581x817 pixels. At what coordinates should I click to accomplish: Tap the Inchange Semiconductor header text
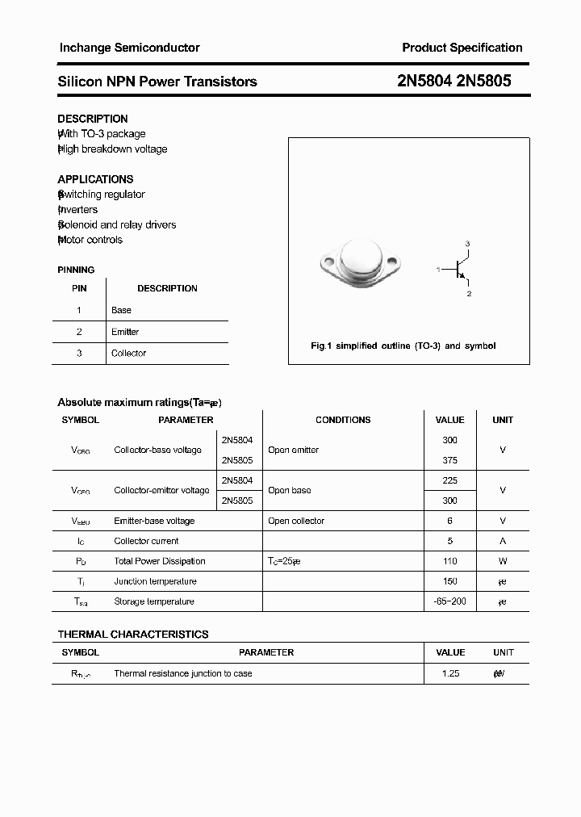pyautogui.click(x=129, y=48)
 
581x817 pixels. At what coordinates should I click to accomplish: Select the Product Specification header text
pyautogui.click(x=462, y=48)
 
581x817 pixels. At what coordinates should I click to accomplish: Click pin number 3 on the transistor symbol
pyautogui.click(x=467, y=244)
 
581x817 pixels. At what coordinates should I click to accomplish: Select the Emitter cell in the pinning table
pyautogui.click(x=125, y=332)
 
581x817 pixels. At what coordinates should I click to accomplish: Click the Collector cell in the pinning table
pyautogui.click(x=128, y=353)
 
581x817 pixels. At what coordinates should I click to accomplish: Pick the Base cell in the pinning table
pyautogui.click(x=121, y=310)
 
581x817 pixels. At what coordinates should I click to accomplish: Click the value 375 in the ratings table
pyautogui.click(x=449, y=460)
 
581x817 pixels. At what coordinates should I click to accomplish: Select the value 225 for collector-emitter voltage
pyautogui.click(x=449, y=480)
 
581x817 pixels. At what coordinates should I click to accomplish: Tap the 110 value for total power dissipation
pyautogui.click(x=449, y=561)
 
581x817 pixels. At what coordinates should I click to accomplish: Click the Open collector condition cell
pyautogui.click(x=296, y=521)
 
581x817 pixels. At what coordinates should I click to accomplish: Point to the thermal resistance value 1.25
pyautogui.click(x=450, y=673)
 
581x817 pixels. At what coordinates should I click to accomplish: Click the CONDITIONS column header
pyautogui.click(x=343, y=420)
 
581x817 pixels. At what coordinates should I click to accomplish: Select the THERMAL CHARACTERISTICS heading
pyautogui.click(x=133, y=635)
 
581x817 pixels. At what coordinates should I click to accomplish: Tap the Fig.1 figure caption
pyautogui.click(x=403, y=346)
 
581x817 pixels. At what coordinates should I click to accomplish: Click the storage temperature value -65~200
pyautogui.click(x=449, y=601)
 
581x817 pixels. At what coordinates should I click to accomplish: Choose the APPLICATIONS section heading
pyautogui.click(x=95, y=179)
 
